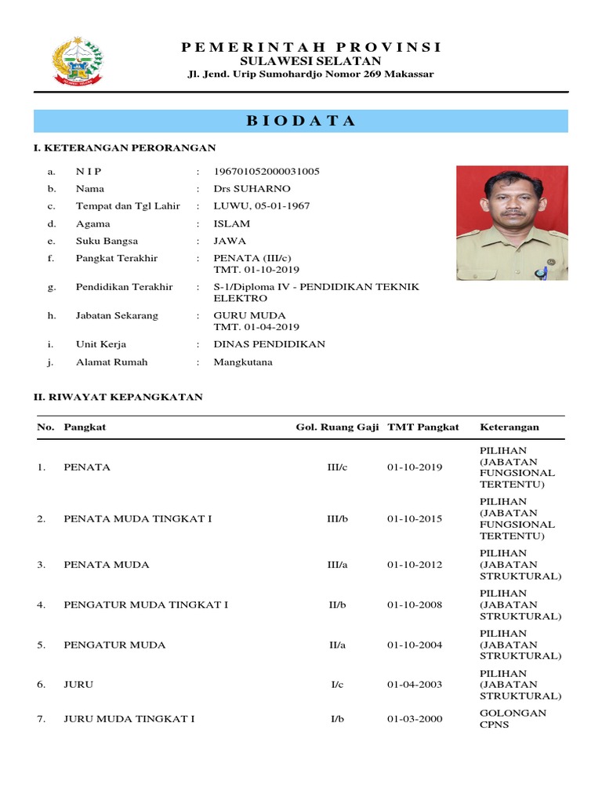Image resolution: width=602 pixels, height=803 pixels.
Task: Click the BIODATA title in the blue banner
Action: [x=301, y=121]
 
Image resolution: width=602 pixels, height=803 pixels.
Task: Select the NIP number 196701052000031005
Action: [x=267, y=171]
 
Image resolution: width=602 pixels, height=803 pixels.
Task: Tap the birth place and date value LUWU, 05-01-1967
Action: [x=262, y=205]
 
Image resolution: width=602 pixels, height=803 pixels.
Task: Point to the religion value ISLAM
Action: [x=232, y=223]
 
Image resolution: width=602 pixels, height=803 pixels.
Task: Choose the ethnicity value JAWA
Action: [x=230, y=241]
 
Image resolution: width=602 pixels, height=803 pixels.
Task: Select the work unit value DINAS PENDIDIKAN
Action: [x=270, y=344]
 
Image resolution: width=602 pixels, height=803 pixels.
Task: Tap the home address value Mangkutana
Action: [x=243, y=362]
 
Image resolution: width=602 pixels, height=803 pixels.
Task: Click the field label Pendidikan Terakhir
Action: [x=124, y=287]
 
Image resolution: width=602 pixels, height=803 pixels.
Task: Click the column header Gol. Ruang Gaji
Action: [x=338, y=427]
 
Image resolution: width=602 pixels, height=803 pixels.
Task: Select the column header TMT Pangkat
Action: [x=423, y=427]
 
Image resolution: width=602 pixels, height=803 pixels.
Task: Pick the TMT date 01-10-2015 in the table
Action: [x=415, y=519]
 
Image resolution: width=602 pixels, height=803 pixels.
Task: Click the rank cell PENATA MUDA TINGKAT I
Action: [x=137, y=519]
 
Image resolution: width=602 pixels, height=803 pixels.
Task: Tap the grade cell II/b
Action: [x=337, y=605]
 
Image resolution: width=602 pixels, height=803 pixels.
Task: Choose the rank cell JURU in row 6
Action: [x=78, y=685]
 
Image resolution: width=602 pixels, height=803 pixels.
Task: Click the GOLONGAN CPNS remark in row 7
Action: [x=513, y=718]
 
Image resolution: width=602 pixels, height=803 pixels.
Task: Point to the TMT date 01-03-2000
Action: [x=415, y=718]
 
